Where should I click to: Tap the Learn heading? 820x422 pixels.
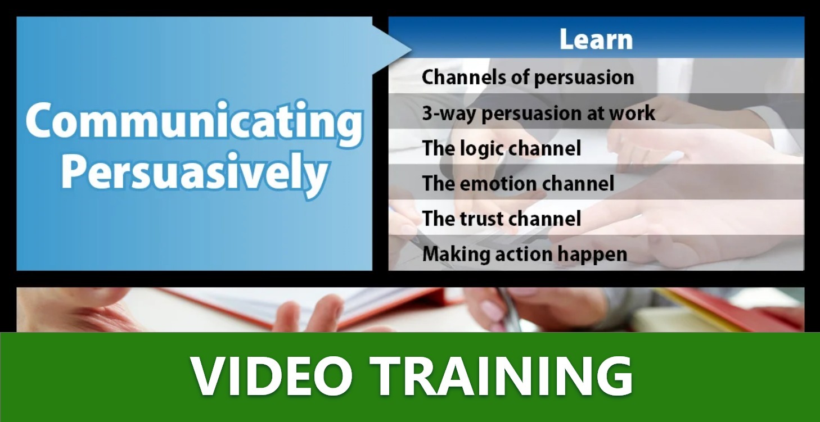tap(596, 39)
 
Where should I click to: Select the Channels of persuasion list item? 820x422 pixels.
tap(528, 77)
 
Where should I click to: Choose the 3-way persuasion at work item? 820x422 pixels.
tap(538, 113)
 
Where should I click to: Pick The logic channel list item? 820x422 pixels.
tap(501, 148)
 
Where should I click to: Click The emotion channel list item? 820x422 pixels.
tap(518, 183)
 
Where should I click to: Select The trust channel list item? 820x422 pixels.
tap(501, 219)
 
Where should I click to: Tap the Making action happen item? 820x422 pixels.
tap(524, 254)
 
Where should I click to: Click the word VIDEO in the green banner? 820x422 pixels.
tap(271, 376)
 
